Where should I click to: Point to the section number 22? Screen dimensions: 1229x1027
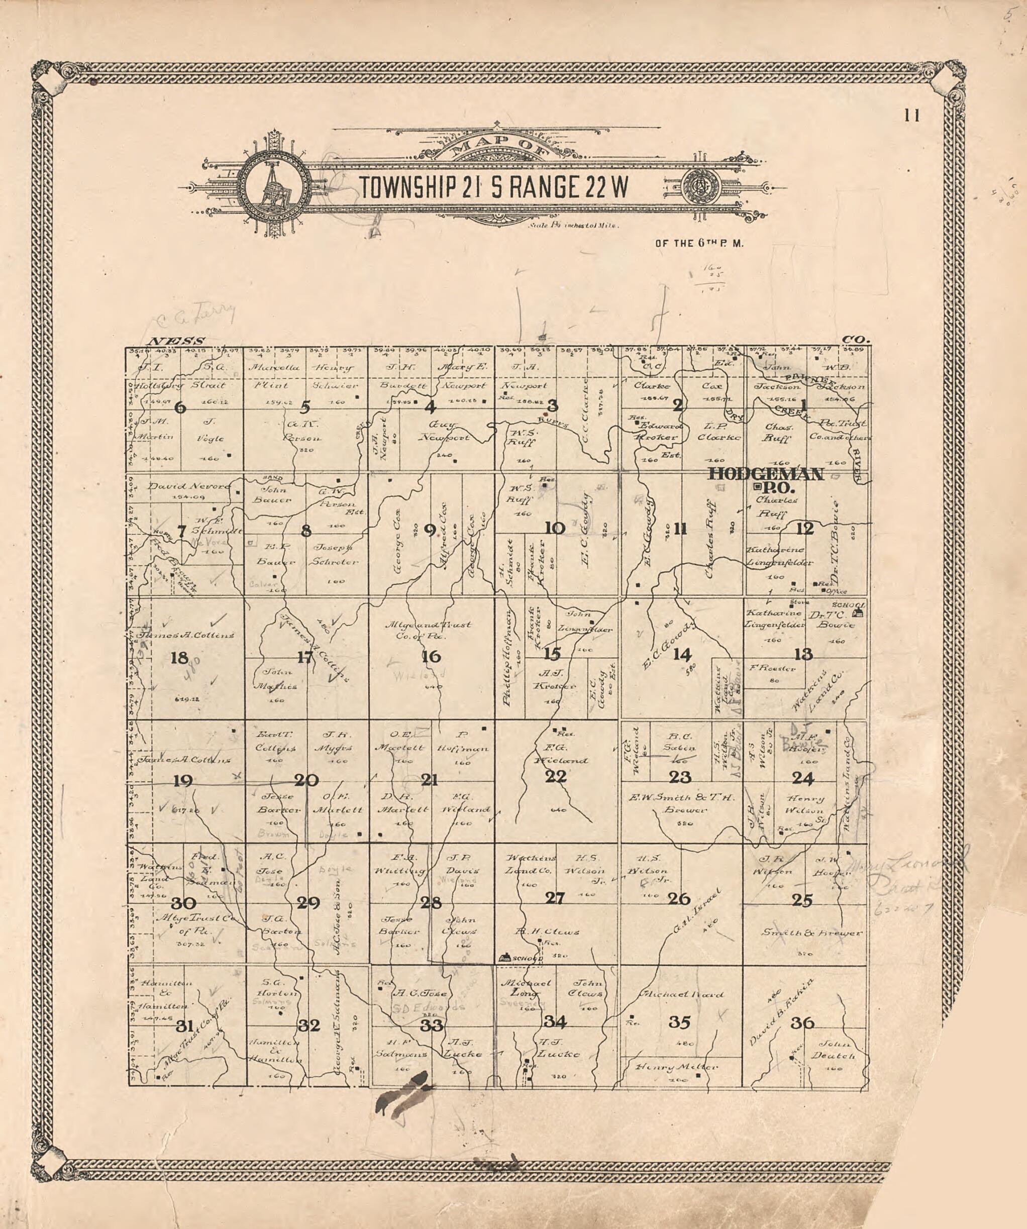coord(555,777)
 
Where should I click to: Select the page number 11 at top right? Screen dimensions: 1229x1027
coord(912,116)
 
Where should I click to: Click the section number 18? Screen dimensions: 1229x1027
coord(179,658)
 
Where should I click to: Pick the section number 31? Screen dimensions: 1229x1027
coord(185,1026)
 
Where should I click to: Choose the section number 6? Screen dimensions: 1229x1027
coord(180,407)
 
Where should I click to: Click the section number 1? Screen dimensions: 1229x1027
coord(803,404)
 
